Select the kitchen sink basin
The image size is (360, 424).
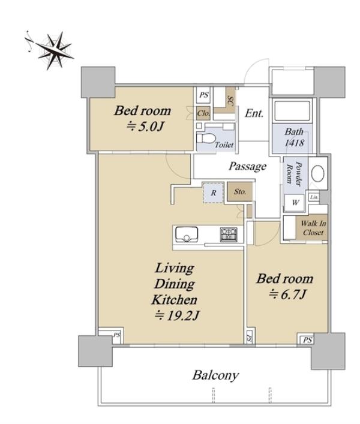187,234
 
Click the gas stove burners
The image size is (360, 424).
229,234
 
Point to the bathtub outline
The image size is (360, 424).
292,110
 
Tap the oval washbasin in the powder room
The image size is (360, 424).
317,173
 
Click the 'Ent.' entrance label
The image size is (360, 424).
254,113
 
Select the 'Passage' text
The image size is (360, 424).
247,166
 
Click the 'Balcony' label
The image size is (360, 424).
215,375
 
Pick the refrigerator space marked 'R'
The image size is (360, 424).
214,193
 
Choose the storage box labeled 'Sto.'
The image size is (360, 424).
240,191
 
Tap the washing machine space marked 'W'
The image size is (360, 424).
295,202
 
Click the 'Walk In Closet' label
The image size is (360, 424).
313,228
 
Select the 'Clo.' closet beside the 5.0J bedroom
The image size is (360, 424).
203,113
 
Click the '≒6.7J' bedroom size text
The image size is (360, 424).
287,294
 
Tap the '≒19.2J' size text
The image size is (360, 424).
177,315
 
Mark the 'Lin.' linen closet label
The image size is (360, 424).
314,197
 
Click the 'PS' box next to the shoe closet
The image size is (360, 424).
203,95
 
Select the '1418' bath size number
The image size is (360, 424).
294,143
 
